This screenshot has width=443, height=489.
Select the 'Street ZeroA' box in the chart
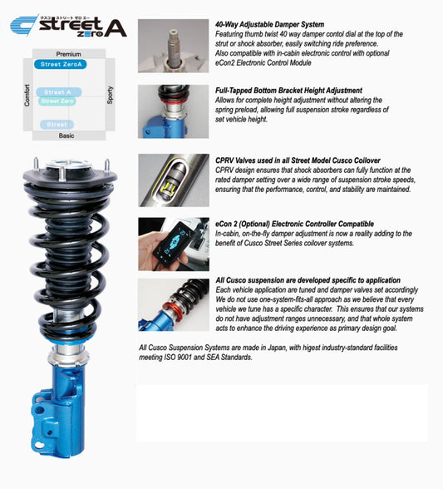tap(62, 64)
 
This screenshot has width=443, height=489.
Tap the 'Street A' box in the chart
tap(57, 92)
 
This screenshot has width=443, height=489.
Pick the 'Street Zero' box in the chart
tap(57, 101)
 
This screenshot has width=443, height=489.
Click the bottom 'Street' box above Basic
tap(57, 125)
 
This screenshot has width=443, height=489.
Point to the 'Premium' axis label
tap(69, 53)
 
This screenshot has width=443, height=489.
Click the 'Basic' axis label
tap(66, 136)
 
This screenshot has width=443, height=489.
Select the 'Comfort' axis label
tap(27, 94)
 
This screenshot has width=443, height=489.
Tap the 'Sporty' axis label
tap(110, 94)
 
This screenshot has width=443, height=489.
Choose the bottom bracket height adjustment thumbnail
tap(173, 111)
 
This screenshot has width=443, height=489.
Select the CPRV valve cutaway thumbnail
tap(173, 180)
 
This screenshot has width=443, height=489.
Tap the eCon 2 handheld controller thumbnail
tap(173, 243)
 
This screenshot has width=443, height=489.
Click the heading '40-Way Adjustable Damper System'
tap(269, 24)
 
